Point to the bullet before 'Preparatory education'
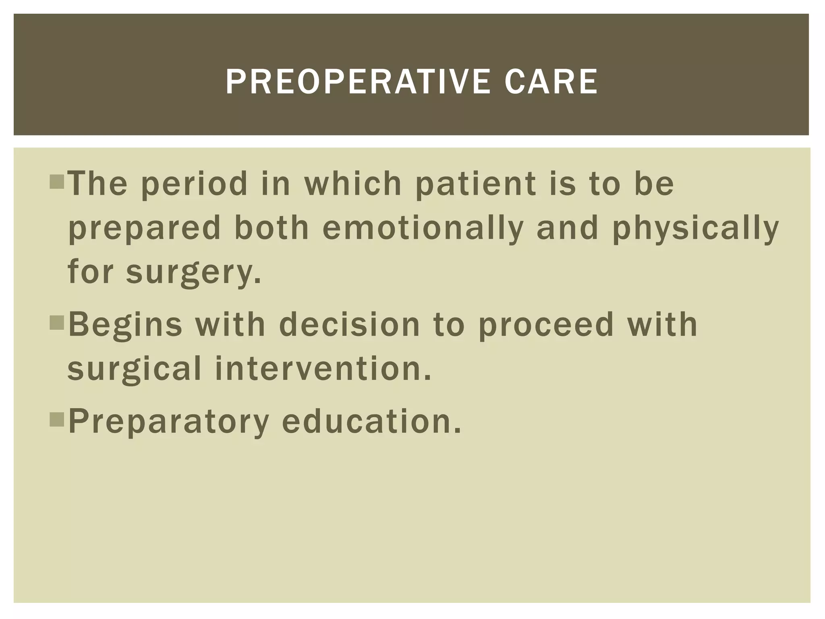(x=57, y=420)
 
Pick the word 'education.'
(x=371, y=422)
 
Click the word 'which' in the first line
(x=353, y=184)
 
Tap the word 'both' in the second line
(x=272, y=228)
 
